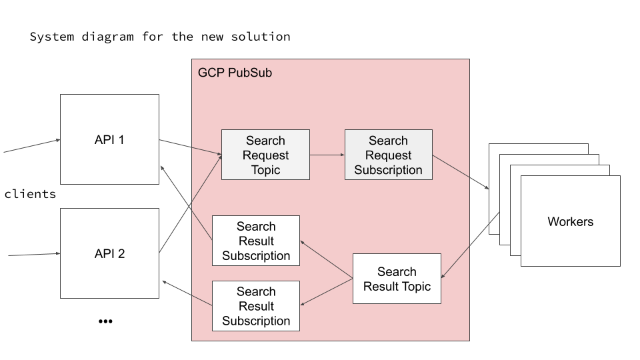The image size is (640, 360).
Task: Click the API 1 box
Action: point(109,139)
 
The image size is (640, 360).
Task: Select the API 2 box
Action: point(109,253)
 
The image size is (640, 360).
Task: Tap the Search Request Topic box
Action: point(265,155)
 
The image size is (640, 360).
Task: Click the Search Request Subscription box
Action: point(388,155)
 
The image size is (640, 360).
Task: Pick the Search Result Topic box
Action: point(397,279)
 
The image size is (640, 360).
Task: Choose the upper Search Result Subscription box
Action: point(256,241)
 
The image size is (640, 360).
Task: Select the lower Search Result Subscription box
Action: point(256,306)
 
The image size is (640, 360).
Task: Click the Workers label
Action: point(570,221)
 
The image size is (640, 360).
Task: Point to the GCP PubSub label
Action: point(235,72)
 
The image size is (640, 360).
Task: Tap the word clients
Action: point(30,194)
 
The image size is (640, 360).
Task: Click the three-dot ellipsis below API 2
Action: point(105,321)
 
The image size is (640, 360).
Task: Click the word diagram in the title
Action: point(110,37)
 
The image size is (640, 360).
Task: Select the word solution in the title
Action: point(261,37)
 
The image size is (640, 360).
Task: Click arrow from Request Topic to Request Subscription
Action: point(327,155)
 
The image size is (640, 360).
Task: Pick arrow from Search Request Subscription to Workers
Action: point(461,173)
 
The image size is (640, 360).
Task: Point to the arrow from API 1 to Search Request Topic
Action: point(190,147)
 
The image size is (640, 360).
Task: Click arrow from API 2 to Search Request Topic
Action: point(191,203)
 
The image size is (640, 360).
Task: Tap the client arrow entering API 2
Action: point(33,254)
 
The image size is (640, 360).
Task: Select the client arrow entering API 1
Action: point(31,146)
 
